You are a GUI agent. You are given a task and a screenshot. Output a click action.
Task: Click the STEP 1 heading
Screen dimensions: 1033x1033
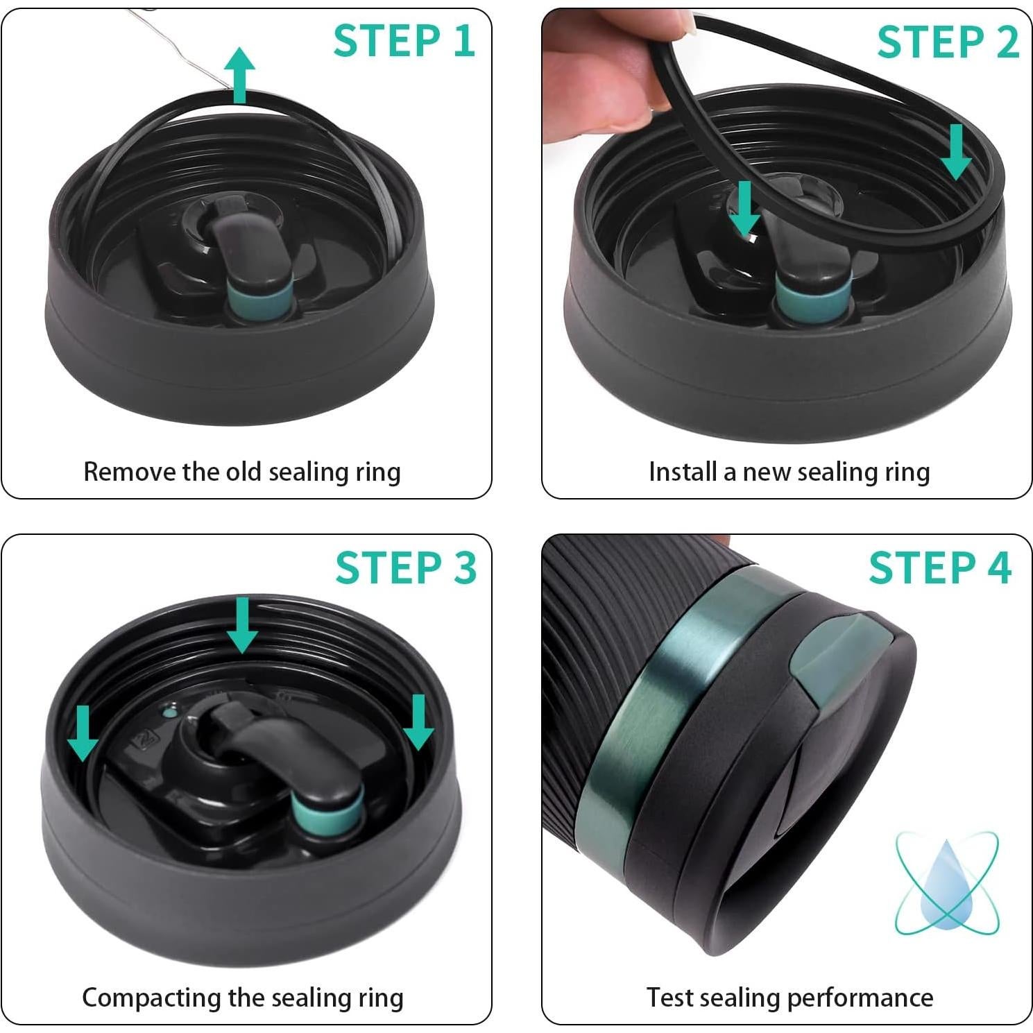pos(404,40)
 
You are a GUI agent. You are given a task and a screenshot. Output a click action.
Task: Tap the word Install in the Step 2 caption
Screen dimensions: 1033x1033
pos(683,472)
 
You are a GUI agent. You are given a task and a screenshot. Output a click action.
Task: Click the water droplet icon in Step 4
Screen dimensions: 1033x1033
pos(946,881)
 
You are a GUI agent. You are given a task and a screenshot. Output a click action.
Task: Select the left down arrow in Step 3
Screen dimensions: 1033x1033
pos(83,733)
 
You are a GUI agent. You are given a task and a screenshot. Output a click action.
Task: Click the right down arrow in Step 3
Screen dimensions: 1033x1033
pos(418,722)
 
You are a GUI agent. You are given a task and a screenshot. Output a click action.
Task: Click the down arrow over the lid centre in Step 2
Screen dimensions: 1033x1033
pos(745,209)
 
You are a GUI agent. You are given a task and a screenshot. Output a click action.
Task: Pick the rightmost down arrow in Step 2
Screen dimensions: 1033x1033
pos(956,152)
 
